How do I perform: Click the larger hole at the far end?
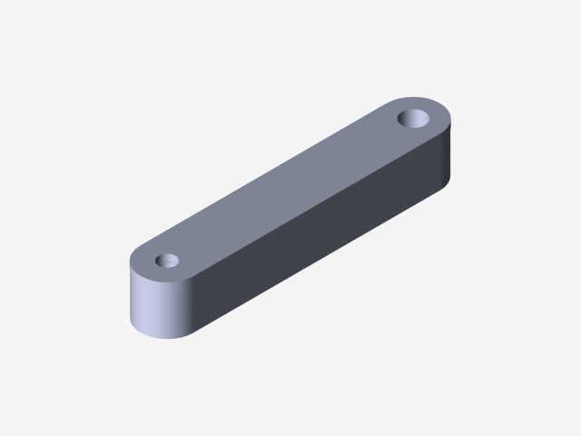(x=416, y=118)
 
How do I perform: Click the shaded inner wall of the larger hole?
(x=415, y=114)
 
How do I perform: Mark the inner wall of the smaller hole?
(x=167, y=258)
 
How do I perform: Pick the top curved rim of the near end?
(x=145, y=276)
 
